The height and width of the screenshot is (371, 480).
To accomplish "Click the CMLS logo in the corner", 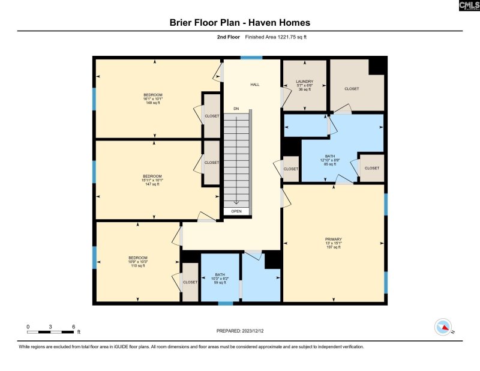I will pyautogui.click(x=467, y=6).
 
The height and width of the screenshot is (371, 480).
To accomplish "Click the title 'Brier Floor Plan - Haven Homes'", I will pyautogui.click(x=240, y=23).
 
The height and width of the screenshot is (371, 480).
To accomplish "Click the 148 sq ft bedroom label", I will pyautogui.click(x=152, y=99).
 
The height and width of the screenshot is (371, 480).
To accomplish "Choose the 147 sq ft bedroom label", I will pyautogui.click(x=152, y=179).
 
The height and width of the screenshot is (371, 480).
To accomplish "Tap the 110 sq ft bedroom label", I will pyautogui.click(x=137, y=262).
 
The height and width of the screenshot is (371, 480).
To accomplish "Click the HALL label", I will pyautogui.click(x=254, y=85).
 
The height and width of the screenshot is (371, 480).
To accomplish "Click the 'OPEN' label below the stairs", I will pyautogui.click(x=236, y=211).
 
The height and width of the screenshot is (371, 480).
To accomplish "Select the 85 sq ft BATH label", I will pyautogui.click(x=329, y=160).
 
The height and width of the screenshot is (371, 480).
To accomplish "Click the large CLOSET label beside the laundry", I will pyautogui.click(x=352, y=89).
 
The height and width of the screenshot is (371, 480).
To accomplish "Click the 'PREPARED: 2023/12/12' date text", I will pyautogui.click(x=240, y=331).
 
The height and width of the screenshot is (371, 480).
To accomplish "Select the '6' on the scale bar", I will pyautogui.click(x=73, y=326).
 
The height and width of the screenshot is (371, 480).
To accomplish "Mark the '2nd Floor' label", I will pyautogui.click(x=229, y=37).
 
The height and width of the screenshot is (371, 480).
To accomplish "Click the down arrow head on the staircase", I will pyautogui.click(x=236, y=203).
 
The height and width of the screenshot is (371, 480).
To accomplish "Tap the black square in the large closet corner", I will pyautogui.click(x=376, y=66).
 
